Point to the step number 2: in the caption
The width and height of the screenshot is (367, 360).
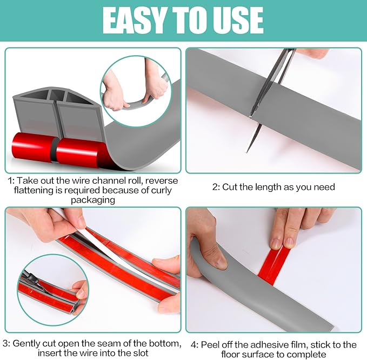pos(216,187)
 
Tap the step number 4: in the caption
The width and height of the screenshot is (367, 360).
pos(196,344)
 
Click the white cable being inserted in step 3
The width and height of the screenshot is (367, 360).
pos(103,238)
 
